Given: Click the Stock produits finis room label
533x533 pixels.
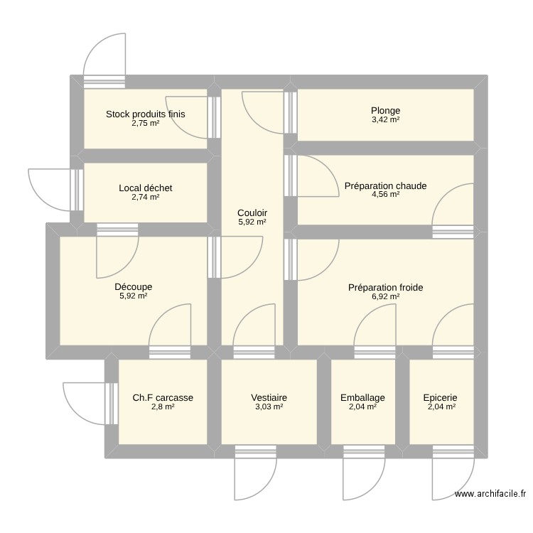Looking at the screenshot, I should tap(145, 114).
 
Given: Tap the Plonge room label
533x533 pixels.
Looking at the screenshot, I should tap(385, 110).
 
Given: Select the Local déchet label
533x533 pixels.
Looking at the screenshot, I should tap(146, 188).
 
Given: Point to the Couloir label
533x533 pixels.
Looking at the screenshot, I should tap(252, 212).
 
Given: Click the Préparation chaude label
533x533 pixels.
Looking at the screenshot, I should tap(385, 186).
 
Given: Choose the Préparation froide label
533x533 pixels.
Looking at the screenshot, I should tap(385, 288).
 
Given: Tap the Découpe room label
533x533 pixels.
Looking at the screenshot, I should tap(134, 287).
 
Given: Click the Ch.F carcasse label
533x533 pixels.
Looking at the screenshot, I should tap(163, 398).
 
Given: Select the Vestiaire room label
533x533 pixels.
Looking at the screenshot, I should tap(269, 398).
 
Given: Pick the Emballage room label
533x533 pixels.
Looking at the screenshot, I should tap(362, 398).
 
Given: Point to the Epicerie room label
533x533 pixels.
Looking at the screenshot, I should tap(440, 398).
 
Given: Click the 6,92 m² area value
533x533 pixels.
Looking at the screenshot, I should tap(385, 297).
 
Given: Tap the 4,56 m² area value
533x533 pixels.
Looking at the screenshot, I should tap(385, 195).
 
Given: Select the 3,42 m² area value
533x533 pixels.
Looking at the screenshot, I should tap(385, 119).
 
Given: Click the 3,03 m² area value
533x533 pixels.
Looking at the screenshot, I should tap(269, 407).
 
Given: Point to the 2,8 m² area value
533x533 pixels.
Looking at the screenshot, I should tap(163, 407).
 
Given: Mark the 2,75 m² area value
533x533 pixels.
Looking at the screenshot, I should tap(145, 123).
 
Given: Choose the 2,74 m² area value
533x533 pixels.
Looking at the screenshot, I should tap(145, 197).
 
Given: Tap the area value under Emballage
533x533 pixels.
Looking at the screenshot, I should tap(362, 407).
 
